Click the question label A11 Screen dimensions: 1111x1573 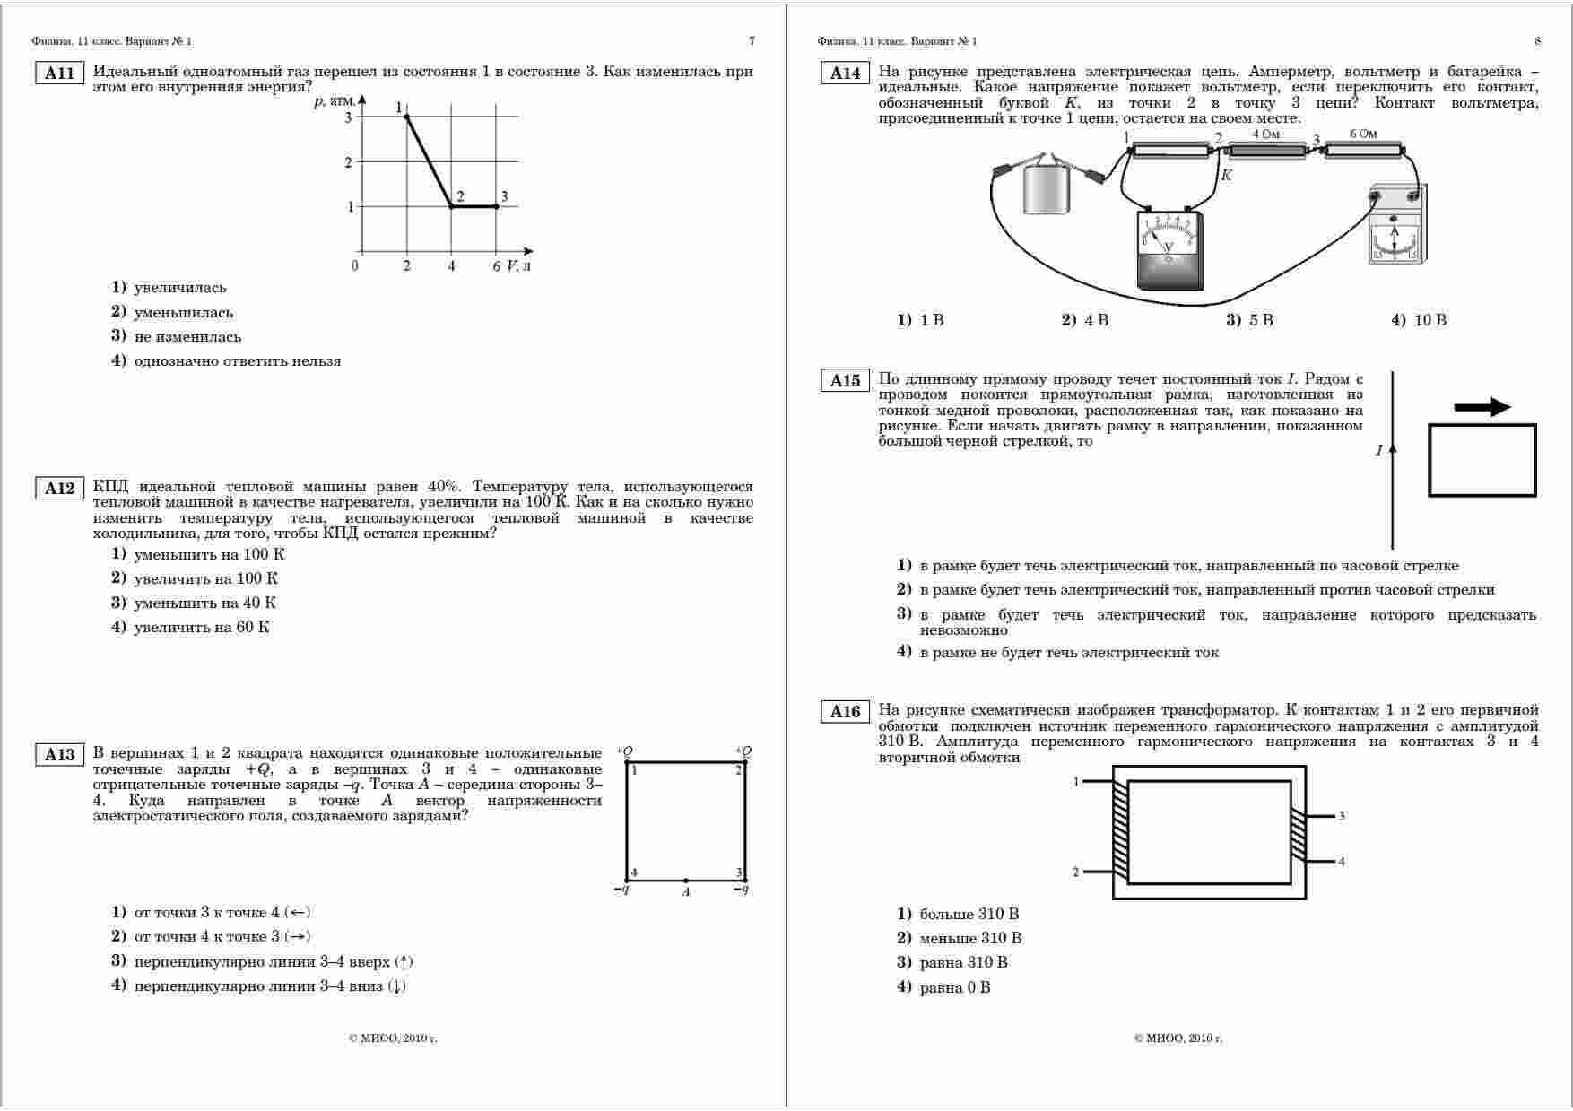click(x=59, y=74)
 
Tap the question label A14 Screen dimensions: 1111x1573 click(x=845, y=74)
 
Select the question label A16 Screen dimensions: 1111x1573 click(x=845, y=712)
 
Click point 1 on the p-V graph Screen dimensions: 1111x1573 click(x=407, y=117)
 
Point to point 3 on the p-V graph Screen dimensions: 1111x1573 click(x=496, y=206)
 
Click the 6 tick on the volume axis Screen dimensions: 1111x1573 click(x=496, y=266)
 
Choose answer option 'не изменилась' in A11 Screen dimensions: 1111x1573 click(x=187, y=337)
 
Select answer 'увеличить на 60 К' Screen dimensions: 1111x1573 click(x=201, y=628)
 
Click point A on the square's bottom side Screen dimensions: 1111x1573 click(x=686, y=881)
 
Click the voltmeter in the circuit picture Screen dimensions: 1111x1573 click(x=1169, y=251)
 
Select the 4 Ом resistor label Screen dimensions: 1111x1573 click(x=1264, y=135)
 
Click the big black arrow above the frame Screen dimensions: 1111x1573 click(x=1482, y=407)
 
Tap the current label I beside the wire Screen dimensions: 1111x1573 click(x=1379, y=451)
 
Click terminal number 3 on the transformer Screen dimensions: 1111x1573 click(x=1342, y=816)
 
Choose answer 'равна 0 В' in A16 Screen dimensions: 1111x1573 click(x=954, y=988)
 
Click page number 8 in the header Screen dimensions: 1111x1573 click(x=1537, y=41)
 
